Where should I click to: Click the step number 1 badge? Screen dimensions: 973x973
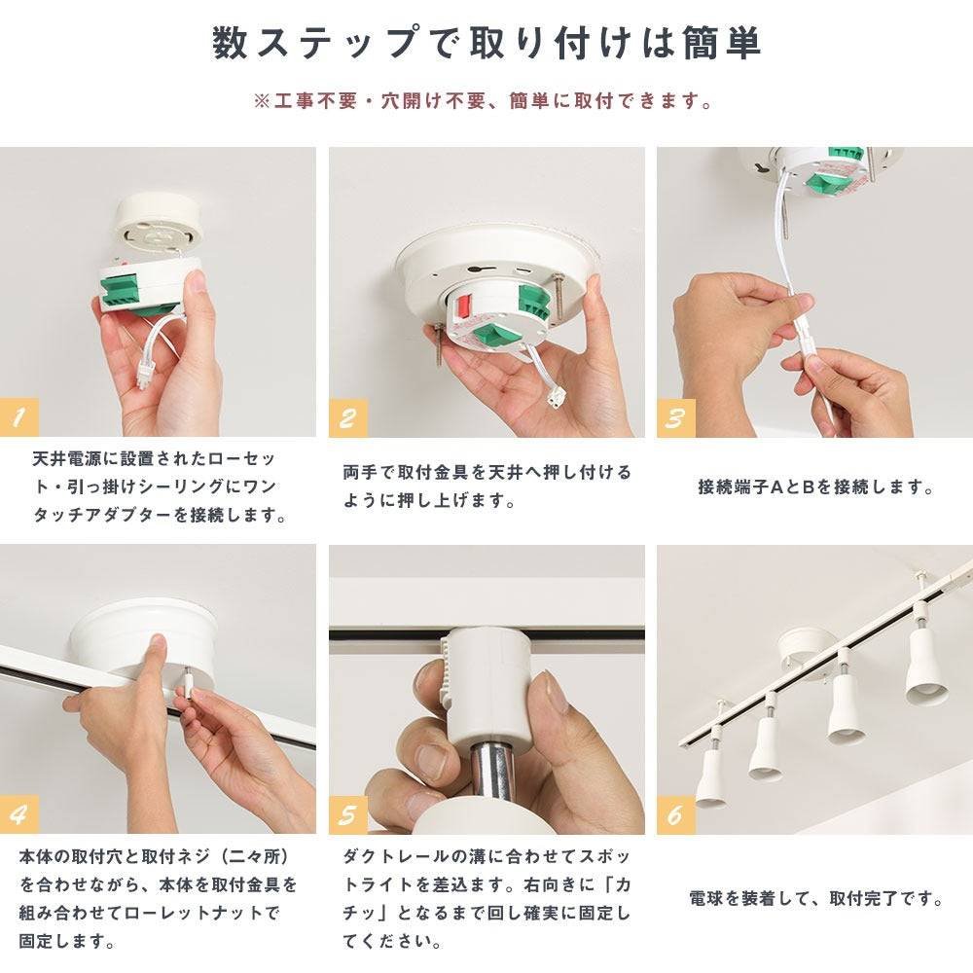tap(19, 417)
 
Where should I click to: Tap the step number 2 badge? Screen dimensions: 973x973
tap(348, 417)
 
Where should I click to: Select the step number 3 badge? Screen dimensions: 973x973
tap(676, 417)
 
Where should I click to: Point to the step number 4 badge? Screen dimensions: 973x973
tap(19, 814)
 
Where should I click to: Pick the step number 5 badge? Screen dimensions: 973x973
tap(348, 814)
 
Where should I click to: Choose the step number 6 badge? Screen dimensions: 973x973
tap(676, 814)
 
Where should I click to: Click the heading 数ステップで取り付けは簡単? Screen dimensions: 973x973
tap(486, 44)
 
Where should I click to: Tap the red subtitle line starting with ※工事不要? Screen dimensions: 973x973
tap(484, 100)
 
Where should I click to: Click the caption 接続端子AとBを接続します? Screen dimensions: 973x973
tap(815, 487)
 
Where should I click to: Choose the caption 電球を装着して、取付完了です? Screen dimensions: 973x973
tap(815, 898)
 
